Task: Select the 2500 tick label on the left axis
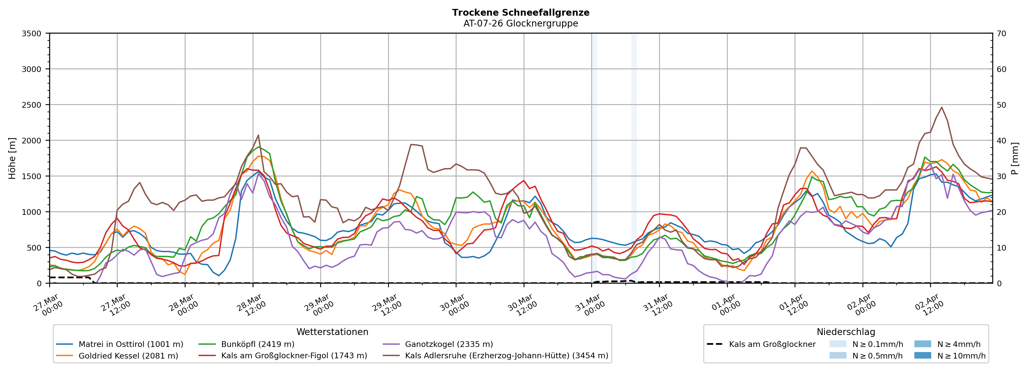tap(32, 105)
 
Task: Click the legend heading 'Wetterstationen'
tap(332, 332)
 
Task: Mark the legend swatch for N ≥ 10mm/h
tap(922, 355)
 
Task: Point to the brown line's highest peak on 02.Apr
tap(942, 107)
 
